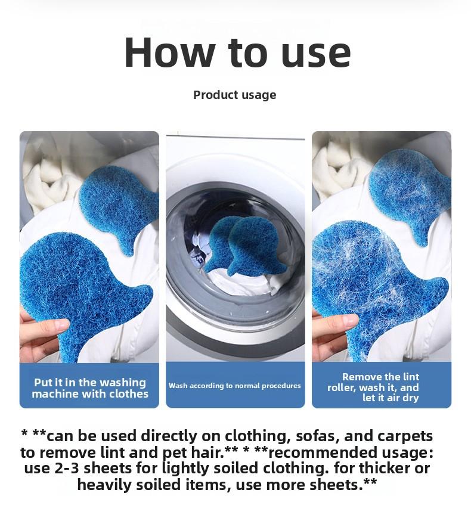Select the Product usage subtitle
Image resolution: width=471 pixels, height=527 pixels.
point(234,95)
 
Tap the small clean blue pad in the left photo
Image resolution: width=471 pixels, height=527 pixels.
point(119,203)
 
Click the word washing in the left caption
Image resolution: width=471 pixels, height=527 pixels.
point(122,383)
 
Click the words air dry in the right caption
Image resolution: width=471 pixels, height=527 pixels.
point(403,398)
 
